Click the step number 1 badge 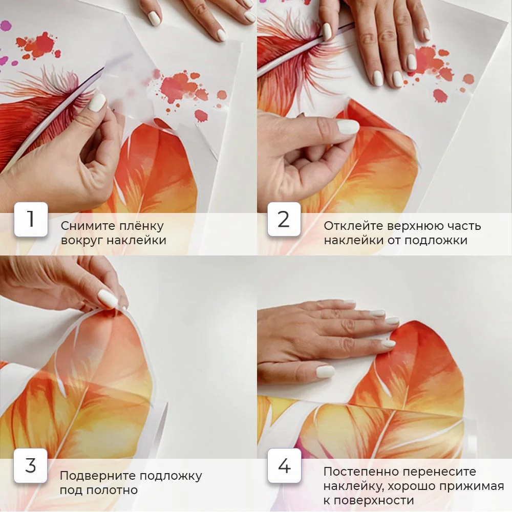(31, 219)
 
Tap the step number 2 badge (284, 219)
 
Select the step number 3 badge (31, 465)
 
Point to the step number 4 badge (284, 465)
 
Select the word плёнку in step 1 (141, 226)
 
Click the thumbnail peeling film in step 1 (128, 106)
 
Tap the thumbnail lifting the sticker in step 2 (385, 106)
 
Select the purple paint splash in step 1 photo (6, 26)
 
